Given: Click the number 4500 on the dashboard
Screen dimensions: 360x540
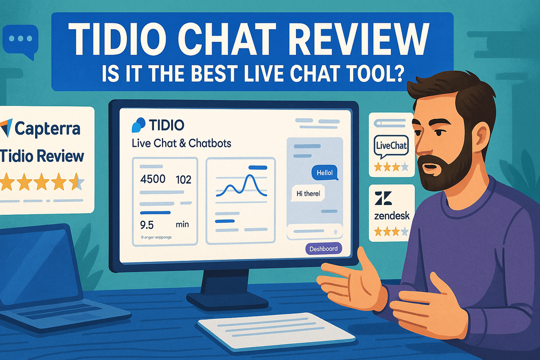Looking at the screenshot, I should (x=152, y=179).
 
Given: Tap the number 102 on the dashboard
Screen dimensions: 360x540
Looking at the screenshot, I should (x=184, y=179).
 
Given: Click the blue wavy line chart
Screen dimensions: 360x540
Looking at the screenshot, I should (x=240, y=187).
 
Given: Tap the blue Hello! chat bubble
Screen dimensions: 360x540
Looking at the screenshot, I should (x=325, y=173).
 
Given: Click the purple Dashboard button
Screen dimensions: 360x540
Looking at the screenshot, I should (x=323, y=249).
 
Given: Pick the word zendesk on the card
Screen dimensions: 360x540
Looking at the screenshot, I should (x=391, y=216).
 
